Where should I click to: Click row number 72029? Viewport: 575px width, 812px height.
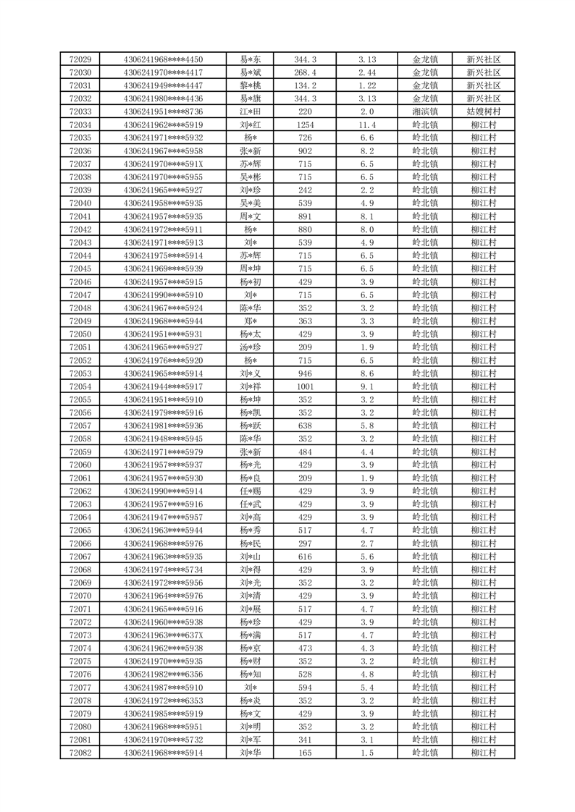click(80, 59)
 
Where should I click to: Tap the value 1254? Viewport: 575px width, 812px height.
click(305, 124)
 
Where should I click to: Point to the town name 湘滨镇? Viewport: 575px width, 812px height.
click(425, 111)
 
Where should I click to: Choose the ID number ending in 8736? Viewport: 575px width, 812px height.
click(164, 111)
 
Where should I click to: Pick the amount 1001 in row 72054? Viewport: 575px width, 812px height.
click(305, 386)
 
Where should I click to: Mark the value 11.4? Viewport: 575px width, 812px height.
click(366, 124)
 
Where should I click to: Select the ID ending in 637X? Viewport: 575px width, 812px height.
click(164, 635)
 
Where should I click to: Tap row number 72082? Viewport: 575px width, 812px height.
click(80, 753)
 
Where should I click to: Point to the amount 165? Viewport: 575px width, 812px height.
click(305, 753)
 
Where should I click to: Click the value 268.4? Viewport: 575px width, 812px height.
click(305, 72)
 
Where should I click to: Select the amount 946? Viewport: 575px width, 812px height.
click(305, 373)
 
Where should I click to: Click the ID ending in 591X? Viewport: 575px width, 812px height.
click(164, 164)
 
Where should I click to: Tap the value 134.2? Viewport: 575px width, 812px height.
click(305, 85)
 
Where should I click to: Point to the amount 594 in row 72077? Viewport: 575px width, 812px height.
click(305, 688)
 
